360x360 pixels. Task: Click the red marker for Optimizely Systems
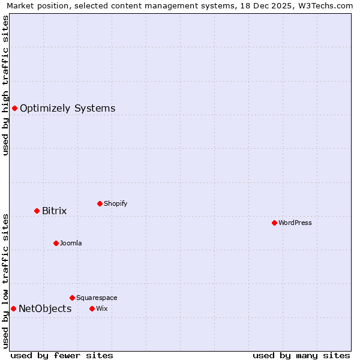coord(14,108)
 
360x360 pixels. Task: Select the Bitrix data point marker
coord(37,211)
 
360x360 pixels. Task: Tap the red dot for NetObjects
coord(13,308)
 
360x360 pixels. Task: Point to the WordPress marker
coord(274,223)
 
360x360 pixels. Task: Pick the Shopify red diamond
coord(100,203)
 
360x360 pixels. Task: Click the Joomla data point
coord(56,243)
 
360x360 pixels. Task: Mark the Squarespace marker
coord(72,298)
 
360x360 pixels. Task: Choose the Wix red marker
coord(92,308)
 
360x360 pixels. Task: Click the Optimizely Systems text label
coord(67,109)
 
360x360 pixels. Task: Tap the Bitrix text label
coord(54,211)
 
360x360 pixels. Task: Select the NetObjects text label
coord(45,309)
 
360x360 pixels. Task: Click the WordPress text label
coord(295,223)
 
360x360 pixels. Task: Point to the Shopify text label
coord(116,204)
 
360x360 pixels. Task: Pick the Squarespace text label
coord(97,298)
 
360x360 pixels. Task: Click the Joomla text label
coord(71,244)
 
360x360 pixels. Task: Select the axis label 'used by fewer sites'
coord(62,355)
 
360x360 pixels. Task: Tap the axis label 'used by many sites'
coord(301,355)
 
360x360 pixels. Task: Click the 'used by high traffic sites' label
coord(5,85)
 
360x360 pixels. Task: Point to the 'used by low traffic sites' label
coord(5,281)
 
